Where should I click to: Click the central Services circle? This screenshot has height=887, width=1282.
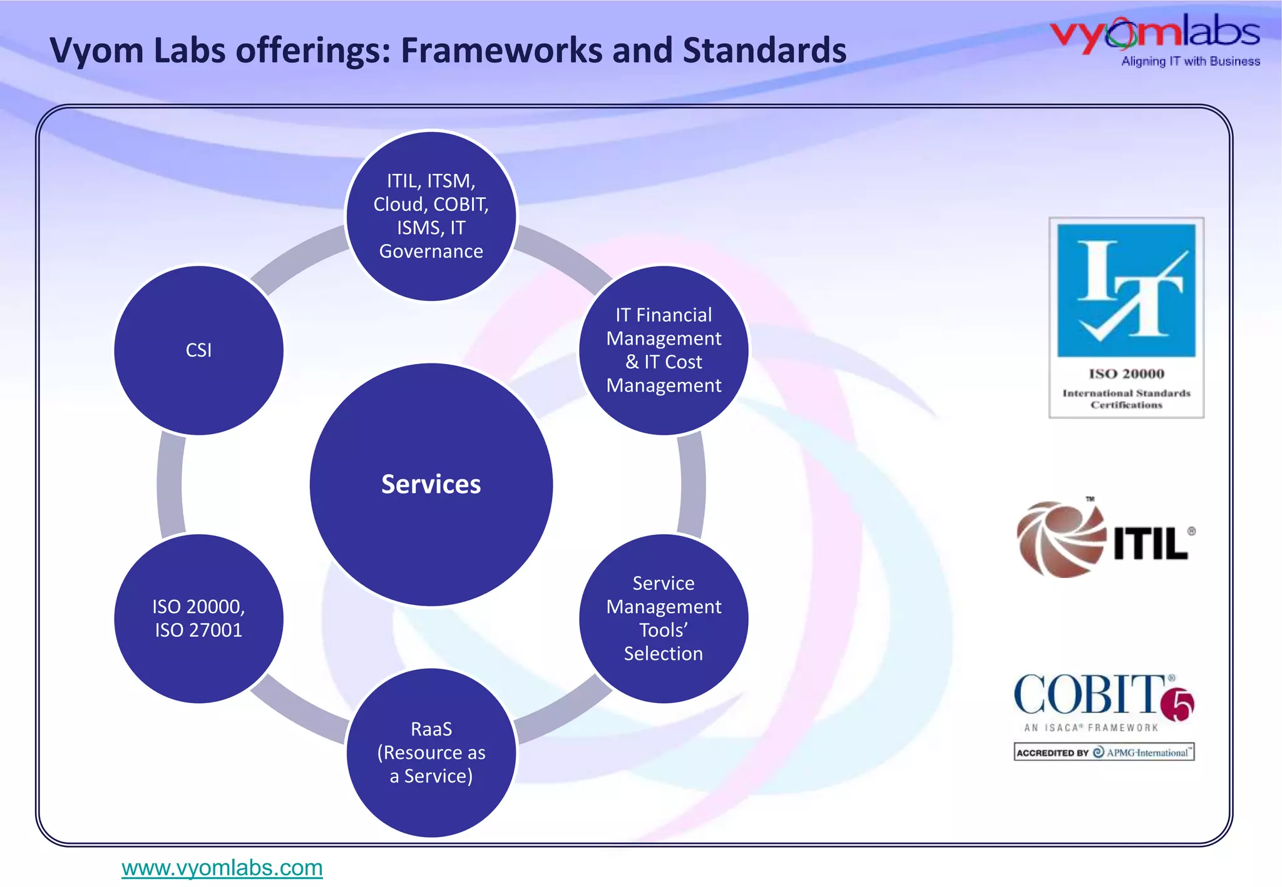click(431, 484)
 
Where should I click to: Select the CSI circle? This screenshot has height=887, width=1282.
click(198, 350)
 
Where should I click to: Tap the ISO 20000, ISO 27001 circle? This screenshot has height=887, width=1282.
click(198, 618)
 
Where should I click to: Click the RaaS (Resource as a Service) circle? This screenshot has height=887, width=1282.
click(431, 753)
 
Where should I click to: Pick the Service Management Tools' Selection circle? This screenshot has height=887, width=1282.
click(664, 618)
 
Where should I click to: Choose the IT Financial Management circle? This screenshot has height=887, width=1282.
click(664, 350)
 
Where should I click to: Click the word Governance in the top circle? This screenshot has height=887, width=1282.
click(431, 251)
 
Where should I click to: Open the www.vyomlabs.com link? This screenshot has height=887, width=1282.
click(222, 868)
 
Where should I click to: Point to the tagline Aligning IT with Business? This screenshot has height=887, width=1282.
click(1190, 61)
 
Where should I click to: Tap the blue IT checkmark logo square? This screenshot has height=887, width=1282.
click(1126, 290)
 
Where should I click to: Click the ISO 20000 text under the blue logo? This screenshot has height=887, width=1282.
click(1126, 374)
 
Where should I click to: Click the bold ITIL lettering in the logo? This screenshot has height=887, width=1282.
click(1151, 543)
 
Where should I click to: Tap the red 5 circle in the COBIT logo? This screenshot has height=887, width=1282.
click(1178, 705)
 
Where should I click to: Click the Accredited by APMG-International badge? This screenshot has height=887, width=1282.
click(1104, 753)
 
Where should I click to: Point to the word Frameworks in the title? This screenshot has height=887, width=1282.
click(502, 50)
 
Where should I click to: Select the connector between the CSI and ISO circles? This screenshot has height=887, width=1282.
click(170, 484)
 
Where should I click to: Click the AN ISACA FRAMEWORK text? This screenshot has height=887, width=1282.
click(1091, 727)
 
